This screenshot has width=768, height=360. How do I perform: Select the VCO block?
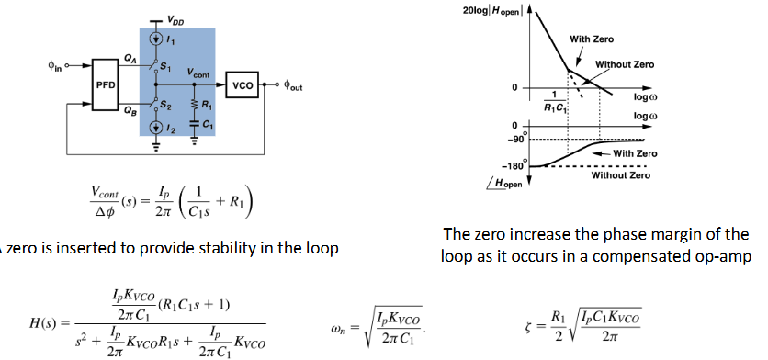click(x=243, y=83)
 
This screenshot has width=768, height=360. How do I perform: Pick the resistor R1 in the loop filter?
click(x=195, y=104)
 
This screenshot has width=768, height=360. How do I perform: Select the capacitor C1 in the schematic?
click(x=195, y=123)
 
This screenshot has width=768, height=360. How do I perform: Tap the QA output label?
click(x=129, y=57)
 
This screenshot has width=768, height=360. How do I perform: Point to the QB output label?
click(x=129, y=107)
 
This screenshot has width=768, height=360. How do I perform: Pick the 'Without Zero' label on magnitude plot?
click(x=625, y=64)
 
